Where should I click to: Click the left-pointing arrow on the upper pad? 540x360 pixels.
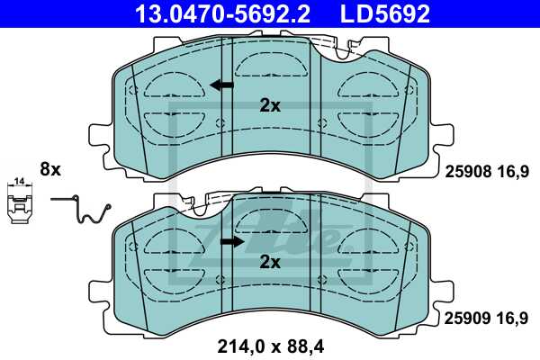220,85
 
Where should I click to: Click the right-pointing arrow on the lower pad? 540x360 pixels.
232,242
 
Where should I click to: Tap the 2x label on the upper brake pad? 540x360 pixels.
270,105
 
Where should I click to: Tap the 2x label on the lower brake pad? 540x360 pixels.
270,263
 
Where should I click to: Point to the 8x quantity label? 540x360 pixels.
49,168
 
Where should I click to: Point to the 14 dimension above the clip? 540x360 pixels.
18,184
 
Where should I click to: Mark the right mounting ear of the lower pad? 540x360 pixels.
441,292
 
